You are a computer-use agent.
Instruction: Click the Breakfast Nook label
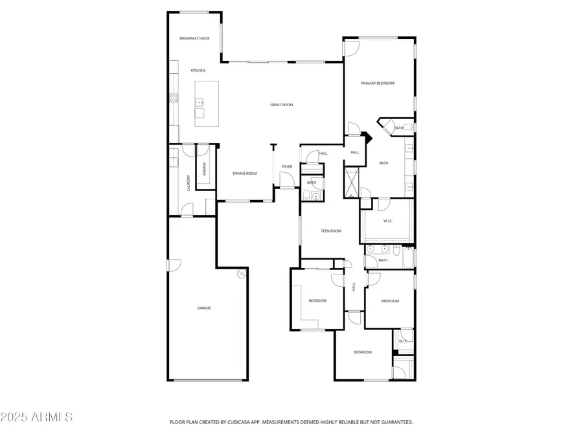[194, 38]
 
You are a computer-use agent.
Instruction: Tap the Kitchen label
[198, 70]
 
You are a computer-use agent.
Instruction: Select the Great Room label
[282, 105]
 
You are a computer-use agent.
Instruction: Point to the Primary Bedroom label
[378, 84]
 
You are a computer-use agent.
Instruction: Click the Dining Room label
[245, 173]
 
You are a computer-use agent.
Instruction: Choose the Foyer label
[287, 166]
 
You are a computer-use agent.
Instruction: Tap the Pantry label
[204, 169]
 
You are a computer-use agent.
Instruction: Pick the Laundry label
[189, 183]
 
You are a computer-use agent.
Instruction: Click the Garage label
[204, 308]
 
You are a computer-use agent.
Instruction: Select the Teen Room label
[331, 230]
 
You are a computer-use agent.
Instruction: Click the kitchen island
[207, 104]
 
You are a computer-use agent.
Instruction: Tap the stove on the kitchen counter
[174, 98]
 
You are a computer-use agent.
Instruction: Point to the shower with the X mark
[351, 183]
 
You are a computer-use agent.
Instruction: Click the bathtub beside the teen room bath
[408, 258]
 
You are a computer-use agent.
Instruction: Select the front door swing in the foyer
[287, 181]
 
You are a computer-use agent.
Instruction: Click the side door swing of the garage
[174, 265]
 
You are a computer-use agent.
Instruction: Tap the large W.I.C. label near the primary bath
[388, 221]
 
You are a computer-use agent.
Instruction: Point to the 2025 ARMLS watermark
[36, 417]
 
